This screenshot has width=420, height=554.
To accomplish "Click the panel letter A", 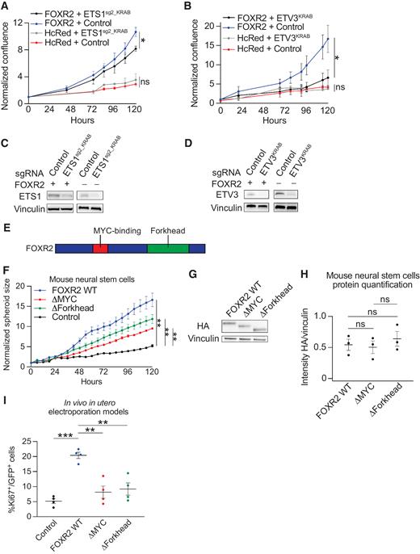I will [7, 6].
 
